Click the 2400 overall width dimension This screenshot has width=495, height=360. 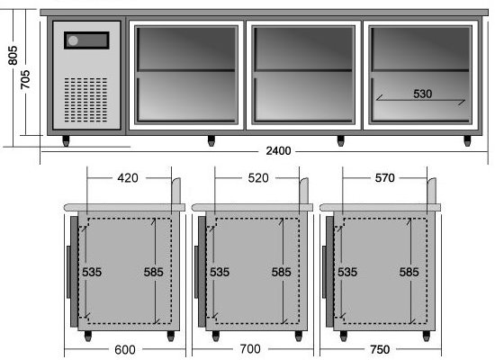coord(278,151)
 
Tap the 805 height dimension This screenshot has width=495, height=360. coord(13,56)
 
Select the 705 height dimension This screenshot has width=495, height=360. coord(25,79)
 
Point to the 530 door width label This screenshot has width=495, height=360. coord(422,94)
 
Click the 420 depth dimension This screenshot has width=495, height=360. coord(128,178)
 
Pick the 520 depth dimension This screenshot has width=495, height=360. coord(258,178)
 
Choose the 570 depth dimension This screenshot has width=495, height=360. coord(384,178)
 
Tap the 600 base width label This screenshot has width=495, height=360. coord(125,349)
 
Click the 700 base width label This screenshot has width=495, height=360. coord(250,349)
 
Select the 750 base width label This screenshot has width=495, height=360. coord(380,349)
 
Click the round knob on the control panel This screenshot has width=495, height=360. coord(73,40)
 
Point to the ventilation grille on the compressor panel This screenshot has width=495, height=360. coord(85,100)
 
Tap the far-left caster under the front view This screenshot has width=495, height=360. coord(66,140)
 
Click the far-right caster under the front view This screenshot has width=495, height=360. coord(467,140)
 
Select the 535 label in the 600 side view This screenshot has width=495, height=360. coord(92,272)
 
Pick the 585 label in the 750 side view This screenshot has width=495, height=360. coord(409,272)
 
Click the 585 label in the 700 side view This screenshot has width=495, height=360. coord(281,272)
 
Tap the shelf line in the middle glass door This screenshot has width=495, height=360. coord(303,70)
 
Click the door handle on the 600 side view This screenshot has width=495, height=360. coord(68,272)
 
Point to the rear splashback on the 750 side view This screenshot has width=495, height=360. coord(431,191)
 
